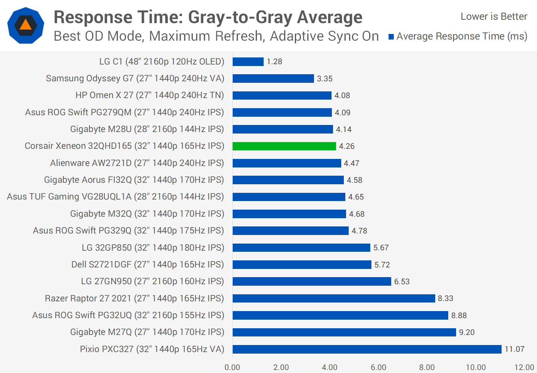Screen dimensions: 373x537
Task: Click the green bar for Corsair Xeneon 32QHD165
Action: coord(284,146)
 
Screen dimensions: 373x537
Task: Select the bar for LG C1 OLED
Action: coord(248,62)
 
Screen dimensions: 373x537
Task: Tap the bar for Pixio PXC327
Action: coord(367,349)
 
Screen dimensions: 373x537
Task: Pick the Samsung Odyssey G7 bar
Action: coord(273,79)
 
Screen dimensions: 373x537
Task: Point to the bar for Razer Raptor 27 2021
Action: coord(334,298)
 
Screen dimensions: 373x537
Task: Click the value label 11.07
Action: coord(514,349)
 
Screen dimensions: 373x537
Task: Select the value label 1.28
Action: coord(274,62)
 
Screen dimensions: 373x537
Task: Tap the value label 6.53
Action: coord(402,282)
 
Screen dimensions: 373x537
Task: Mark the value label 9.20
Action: coord(467,332)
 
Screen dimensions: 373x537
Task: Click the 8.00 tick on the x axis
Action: coord(427,367)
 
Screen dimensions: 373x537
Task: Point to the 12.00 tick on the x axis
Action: coord(524,367)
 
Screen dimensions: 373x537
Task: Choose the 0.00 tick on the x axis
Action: coord(232,367)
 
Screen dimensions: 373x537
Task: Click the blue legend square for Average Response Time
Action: coord(391,37)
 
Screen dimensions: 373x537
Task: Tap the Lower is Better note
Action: coord(494,16)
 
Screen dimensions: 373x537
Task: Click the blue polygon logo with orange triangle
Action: coord(26,25)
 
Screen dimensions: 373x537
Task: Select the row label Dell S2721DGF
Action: coord(148,264)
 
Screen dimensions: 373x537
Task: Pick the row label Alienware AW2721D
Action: coord(137,163)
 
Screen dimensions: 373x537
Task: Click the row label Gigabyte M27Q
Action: coord(147,332)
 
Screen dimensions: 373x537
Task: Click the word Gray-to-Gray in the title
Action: coord(240,18)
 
